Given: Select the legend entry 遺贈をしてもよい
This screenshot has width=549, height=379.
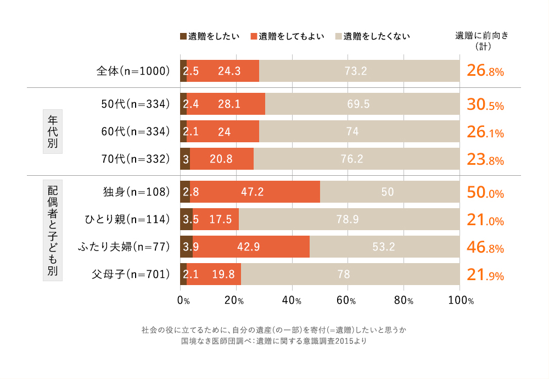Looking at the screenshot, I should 288,37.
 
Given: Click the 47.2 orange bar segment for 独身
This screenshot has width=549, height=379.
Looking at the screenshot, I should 255,192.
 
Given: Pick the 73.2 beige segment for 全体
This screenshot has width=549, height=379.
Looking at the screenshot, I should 359,71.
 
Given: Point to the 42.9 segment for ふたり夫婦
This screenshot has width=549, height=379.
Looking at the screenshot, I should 251,247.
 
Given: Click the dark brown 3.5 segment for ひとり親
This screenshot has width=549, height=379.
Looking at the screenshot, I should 186,219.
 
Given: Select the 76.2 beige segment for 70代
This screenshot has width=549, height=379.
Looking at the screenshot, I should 356,159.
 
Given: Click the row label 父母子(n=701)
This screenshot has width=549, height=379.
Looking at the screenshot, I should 131,274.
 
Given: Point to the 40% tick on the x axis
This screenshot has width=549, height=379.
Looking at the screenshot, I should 292,300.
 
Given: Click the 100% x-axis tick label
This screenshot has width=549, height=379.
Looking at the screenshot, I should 460,300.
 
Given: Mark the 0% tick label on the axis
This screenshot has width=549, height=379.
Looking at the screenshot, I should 183,300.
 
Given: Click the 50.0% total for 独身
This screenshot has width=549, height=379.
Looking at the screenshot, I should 485,192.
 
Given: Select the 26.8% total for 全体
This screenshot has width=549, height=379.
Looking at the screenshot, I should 485,71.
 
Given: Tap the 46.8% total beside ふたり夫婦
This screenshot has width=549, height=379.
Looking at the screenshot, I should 485,247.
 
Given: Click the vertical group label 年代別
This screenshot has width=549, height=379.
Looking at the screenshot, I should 53,131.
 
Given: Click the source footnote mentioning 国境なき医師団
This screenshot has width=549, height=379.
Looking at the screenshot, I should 273,341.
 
